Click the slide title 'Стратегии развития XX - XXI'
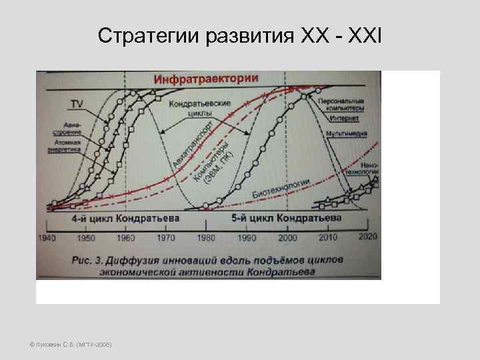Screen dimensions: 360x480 pyautogui.click(x=239, y=35)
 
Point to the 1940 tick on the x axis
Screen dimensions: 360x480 pyautogui.click(x=47, y=238)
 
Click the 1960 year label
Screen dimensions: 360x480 pyautogui.click(x=125, y=238)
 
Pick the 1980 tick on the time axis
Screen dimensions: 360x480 pyautogui.click(x=207, y=238)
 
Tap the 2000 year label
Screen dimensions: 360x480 pyautogui.click(x=288, y=238)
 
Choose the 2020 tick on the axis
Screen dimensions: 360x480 pyautogui.click(x=367, y=238)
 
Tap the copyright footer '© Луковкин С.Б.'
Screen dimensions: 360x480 pyautogui.click(x=71, y=344)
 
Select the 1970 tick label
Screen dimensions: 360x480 pyautogui.click(x=166, y=238)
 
